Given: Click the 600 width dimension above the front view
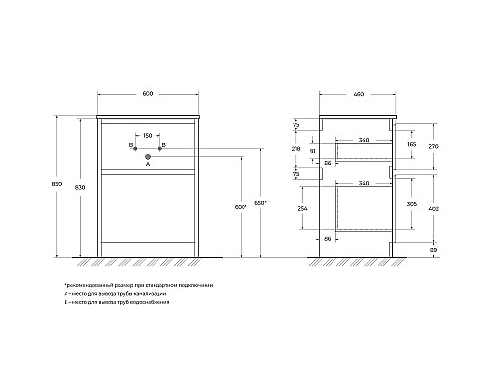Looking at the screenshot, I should coord(147,94).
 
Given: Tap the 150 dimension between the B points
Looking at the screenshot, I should coord(147,136).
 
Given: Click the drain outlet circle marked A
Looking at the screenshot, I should coord(147,156).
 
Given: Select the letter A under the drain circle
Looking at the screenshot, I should coord(147,165).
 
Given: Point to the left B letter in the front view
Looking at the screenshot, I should coord(131,145).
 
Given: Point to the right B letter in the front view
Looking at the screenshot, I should coord(163,145).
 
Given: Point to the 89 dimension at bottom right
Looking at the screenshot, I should coord(432,252).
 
